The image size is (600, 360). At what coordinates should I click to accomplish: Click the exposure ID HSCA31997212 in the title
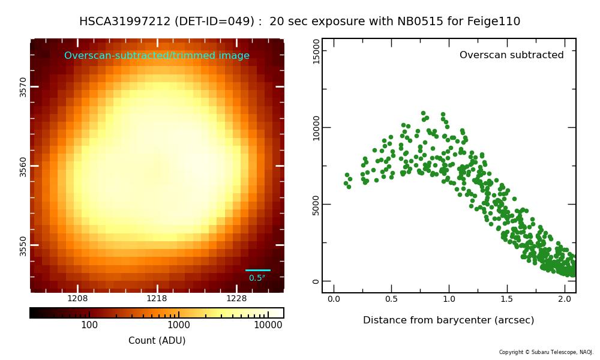tap(125, 21)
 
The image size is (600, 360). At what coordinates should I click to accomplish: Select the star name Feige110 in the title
tap(494, 22)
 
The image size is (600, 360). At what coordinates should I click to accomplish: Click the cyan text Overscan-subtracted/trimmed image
tap(157, 55)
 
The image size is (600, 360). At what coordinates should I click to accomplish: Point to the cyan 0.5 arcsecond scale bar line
tap(257, 270)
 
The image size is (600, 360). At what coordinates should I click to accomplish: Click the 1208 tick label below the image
tap(77, 298)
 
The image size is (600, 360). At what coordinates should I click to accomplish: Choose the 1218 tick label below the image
tap(157, 298)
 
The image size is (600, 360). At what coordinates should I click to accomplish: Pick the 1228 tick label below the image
tap(236, 298)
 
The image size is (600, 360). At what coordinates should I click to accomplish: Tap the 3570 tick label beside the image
tap(23, 87)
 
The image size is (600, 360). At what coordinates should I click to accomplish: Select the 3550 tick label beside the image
tap(23, 245)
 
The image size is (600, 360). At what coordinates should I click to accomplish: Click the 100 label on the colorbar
tap(89, 325)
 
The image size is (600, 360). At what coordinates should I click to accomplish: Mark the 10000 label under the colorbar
tap(268, 325)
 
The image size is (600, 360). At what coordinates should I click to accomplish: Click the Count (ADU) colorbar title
tap(157, 340)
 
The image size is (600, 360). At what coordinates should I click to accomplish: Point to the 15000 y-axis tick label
tap(316, 51)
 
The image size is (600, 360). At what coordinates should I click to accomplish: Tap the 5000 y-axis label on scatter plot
tap(316, 205)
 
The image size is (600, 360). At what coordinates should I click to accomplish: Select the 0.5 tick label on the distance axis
tap(391, 299)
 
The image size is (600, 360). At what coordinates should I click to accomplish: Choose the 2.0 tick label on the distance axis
tap(565, 299)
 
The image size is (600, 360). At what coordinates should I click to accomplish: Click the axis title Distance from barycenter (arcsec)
tap(448, 320)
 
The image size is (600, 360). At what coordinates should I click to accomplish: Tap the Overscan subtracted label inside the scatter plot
tap(512, 55)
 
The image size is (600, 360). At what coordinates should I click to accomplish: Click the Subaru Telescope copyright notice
tap(546, 352)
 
